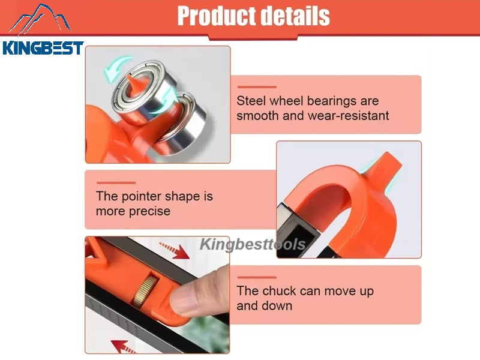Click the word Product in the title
click(x=212, y=16)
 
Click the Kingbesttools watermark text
click(x=252, y=244)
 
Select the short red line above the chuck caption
click(x=256, y=277)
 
